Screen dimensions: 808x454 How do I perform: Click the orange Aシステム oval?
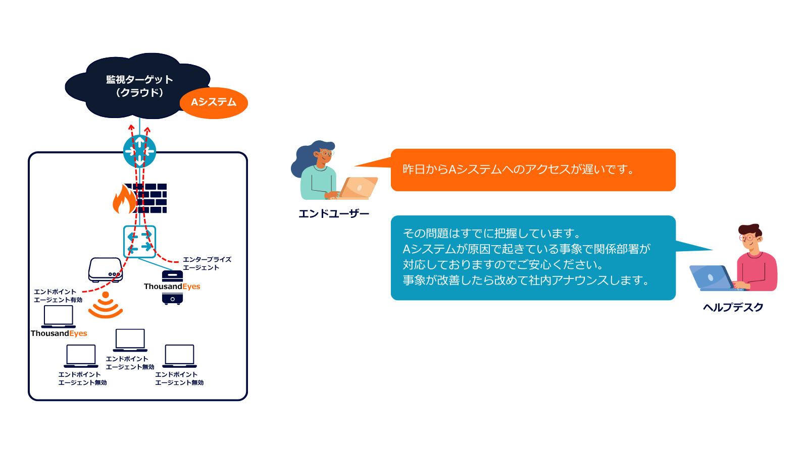pos(214,103)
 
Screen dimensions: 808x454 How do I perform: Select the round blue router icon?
pos(139,151)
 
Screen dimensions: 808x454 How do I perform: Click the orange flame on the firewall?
pos(124,199)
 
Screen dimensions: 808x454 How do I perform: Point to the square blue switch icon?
pos(139,242)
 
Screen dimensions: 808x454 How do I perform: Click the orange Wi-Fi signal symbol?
pos(106,305)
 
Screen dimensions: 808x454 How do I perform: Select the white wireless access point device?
pos(106,270)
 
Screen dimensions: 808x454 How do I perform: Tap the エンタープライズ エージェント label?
pos(207,263)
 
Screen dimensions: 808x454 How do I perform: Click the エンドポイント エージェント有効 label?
pos(58,296)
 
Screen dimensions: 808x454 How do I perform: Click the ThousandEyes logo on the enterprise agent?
pos(172,287)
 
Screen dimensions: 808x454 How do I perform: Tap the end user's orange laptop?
pos(358,188)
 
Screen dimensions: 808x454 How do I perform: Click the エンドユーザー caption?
pos(334,214)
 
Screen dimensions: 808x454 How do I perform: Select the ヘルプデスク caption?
pos(733,307)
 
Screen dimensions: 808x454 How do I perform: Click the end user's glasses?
pos(326,153)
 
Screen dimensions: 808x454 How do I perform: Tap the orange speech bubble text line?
pos(518,169)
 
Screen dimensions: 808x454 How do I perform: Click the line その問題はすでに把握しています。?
pos(492,234)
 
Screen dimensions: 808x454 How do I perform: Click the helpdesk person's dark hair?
pos(749,230)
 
